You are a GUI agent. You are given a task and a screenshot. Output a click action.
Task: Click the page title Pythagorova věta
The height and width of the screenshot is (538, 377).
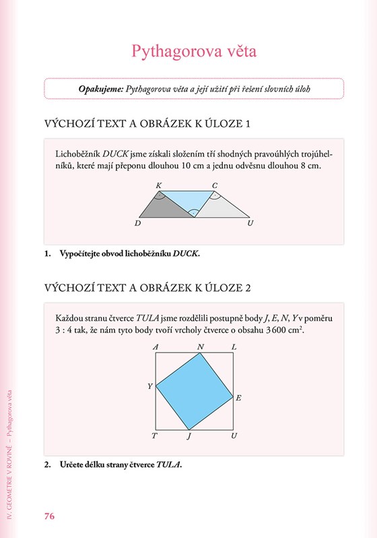coord(194,52)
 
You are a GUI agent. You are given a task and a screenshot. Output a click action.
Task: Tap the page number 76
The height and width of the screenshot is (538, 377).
coord(49,516)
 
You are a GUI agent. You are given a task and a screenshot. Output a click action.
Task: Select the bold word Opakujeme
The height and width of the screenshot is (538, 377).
coord(101,89)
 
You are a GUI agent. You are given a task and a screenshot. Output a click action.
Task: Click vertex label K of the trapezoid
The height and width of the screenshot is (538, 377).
coord(159,186)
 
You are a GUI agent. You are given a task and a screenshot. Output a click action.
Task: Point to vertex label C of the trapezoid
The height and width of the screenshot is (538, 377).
coord(215,186)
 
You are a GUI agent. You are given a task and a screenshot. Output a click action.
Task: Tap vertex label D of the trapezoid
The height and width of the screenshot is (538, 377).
coord(138,223)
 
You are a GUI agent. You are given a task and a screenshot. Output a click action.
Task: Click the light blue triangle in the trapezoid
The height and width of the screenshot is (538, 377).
coord(188,200)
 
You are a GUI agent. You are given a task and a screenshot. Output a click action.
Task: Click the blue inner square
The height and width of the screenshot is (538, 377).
coord(195,391)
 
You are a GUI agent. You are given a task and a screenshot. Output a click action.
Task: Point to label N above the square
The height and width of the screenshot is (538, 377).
coord(201,347)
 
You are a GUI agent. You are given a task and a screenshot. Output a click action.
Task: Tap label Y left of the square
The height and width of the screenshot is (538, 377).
coord(150,386)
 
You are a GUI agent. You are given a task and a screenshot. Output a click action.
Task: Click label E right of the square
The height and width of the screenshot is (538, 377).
coord(238,398)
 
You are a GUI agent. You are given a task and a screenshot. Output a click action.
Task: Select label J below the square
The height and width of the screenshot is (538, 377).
coord(188,436)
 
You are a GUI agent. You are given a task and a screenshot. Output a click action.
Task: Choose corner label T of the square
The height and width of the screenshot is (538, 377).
coord(155,436)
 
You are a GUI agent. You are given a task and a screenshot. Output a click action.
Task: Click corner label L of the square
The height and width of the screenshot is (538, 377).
coord(234,347)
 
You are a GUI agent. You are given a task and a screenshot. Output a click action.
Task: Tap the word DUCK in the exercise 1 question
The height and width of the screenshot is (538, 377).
coord(185,254)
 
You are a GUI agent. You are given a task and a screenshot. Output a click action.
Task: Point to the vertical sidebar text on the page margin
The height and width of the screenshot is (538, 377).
coord(9,455)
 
